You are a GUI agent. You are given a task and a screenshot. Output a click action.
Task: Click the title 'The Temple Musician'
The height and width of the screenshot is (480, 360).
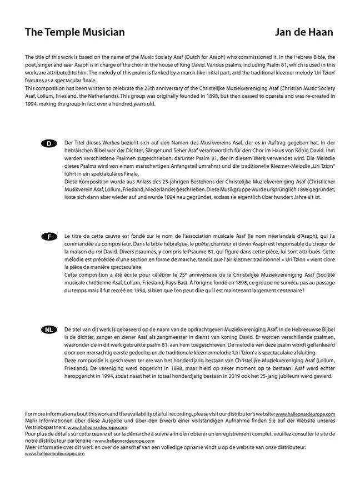click(x=75, y=32)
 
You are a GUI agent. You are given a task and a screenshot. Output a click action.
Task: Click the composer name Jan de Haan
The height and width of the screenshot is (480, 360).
click(x=304, y=32)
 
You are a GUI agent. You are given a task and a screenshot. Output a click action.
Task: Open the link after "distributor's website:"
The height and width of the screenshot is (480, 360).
click(x=305, y=414)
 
